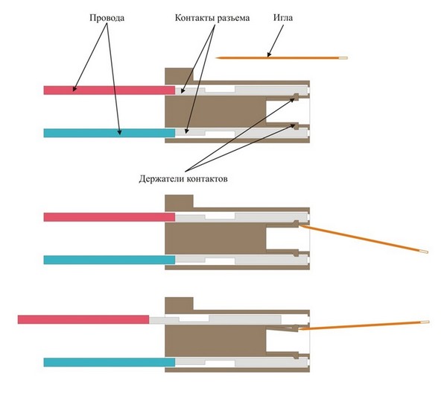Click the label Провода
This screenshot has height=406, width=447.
click(107, 18)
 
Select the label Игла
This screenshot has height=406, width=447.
click(283, 18)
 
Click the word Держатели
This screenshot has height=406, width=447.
click(162, 179)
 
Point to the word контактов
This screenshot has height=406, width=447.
click(208, 180)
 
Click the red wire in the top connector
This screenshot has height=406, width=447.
click(110, 90)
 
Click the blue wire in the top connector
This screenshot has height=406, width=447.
click(110, 133)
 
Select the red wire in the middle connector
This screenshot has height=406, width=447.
click(110, 217)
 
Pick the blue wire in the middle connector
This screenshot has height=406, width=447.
click(110, 260)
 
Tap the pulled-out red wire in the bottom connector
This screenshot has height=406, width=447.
click(83, 319)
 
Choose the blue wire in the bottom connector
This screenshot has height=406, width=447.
click(110, 362)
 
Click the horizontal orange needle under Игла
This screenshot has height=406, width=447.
click(282, 58)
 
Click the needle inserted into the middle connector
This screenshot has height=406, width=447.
click(364, 239)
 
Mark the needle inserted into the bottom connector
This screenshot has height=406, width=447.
click(364, 325)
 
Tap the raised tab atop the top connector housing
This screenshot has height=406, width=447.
click(179, 74)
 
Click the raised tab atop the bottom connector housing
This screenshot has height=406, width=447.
click(179, 304)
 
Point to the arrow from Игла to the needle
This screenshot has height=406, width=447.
click(276, 40)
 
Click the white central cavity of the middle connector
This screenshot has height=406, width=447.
click(288, 238)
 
